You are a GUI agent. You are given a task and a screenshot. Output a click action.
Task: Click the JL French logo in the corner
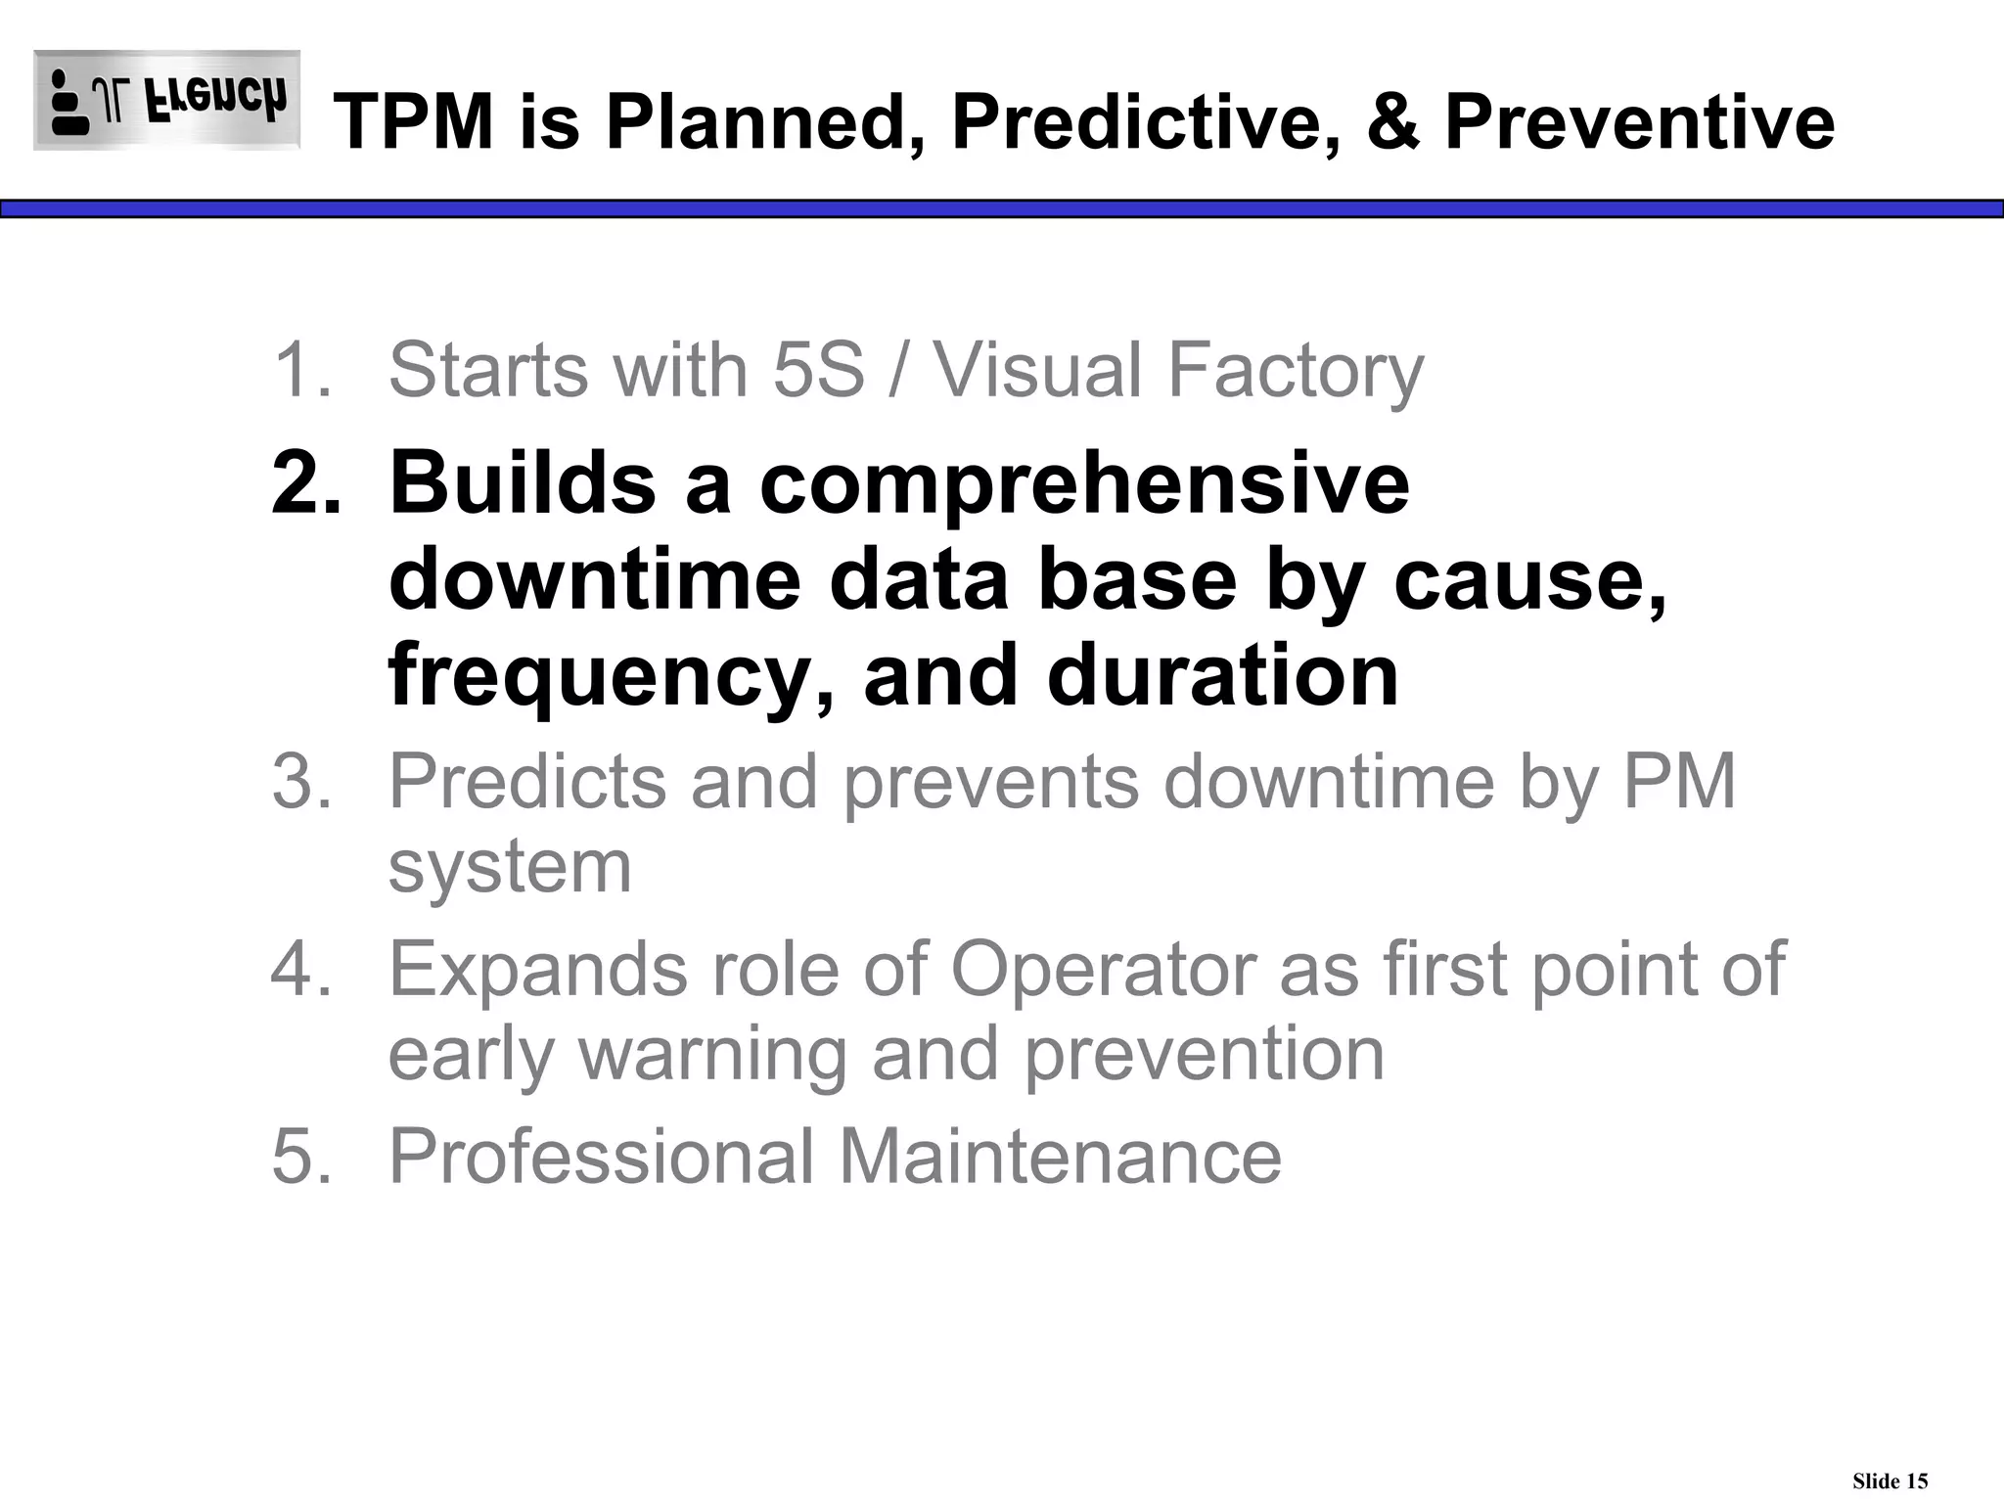[166, 100]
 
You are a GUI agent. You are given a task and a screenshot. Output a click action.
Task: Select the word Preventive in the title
[1639, 121]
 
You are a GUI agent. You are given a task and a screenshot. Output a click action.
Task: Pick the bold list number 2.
[305, 482]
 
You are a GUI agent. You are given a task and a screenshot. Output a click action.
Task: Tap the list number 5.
[301, 1156]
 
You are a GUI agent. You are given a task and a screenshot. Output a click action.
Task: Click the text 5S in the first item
[818, 370]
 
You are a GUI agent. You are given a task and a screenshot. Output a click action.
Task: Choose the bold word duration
[1222, 676]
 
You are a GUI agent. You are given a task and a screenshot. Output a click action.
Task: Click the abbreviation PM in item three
[1679, 781]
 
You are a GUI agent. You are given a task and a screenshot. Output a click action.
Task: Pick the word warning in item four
[712, 1055]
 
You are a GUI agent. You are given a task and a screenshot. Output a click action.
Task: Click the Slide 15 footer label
[1890, 1480]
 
